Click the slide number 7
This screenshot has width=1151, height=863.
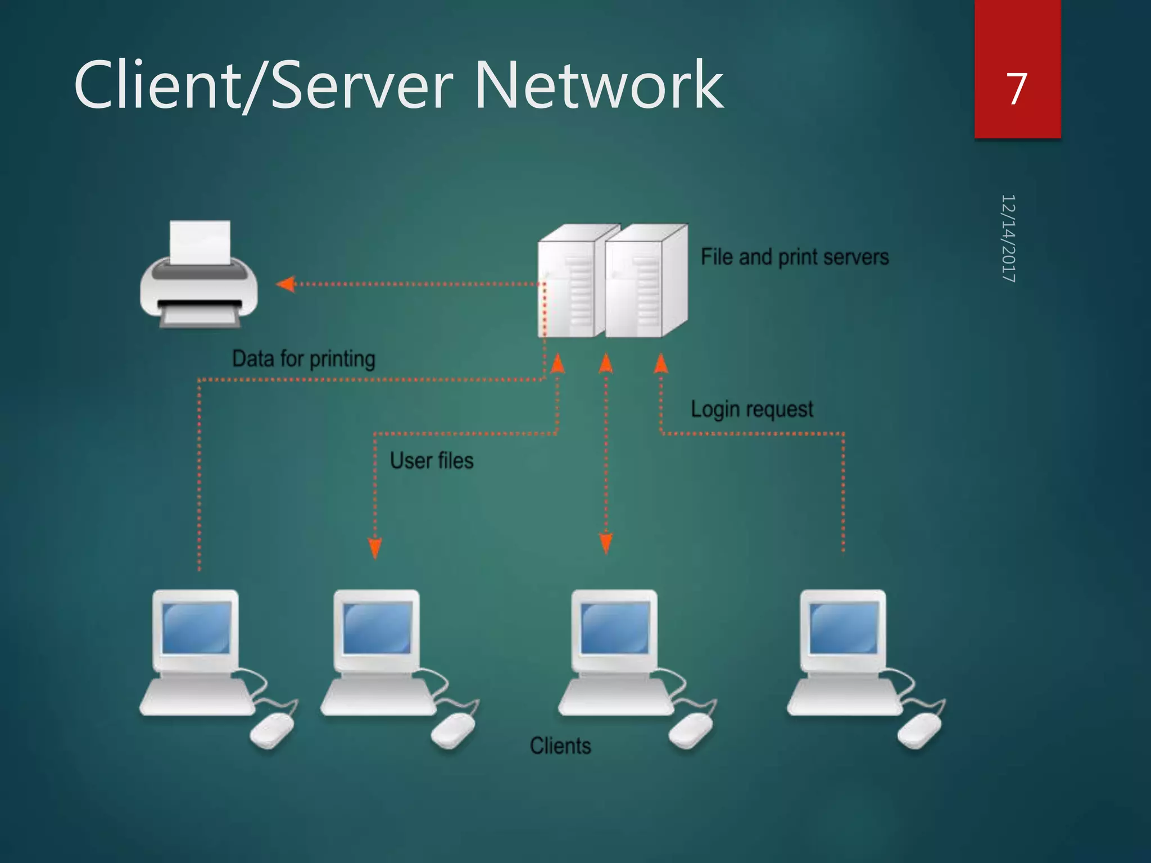(1017, 89)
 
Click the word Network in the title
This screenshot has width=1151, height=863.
(599, 85)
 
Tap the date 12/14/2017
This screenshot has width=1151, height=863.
(1008, 238)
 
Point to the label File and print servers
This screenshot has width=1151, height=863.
(794, 257)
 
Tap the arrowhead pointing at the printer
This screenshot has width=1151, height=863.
(286, 284)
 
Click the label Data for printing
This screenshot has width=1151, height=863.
(303, 358)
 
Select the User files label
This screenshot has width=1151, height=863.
(432, 461)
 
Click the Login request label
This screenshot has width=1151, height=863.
(751, 409)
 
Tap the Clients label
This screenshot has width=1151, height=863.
(560, 746)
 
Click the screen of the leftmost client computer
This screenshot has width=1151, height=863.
(196, 628)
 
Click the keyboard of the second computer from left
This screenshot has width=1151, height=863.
(378, 697)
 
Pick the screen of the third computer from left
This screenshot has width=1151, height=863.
(615, 628)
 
